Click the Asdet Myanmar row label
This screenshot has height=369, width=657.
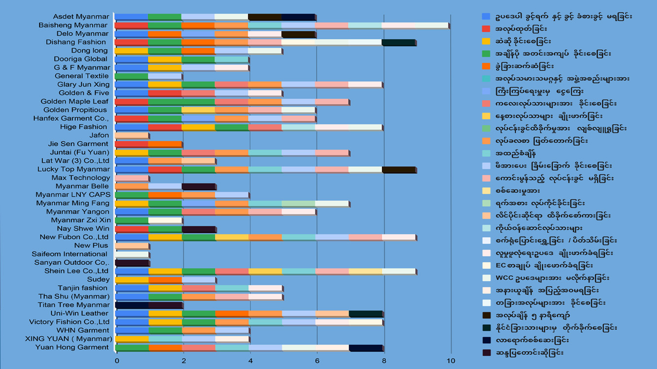[x=81, y=17]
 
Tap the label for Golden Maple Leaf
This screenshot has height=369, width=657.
[x=74, y=101]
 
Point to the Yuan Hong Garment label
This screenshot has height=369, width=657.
[x=72, y=347]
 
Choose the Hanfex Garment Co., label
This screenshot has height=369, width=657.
[x=71, y=119]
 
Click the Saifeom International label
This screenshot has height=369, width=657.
[x=69, y=254]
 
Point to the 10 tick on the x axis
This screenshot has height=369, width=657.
[x=450, y=361]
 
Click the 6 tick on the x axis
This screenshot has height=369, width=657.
[x=317, y=361]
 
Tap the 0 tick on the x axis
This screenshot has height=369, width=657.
[x=117, y=361]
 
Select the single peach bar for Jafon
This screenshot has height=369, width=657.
[x=132, y=135]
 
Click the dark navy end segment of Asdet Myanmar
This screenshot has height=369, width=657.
[x=298, y=17]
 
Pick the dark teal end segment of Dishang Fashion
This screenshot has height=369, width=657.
[x=398, y=42]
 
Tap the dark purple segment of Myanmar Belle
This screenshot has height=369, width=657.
[x=198, y=186]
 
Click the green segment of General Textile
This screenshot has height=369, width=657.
[x=132, y=76]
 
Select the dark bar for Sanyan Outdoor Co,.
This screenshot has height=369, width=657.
[x=132, y=263]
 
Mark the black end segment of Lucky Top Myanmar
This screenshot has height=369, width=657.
[x=398, y=169]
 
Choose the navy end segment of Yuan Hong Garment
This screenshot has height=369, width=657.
[x=365, y=347]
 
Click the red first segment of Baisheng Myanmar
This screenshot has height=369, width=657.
[x=132, y=25]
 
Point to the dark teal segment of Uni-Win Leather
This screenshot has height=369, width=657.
[x=365, y=313]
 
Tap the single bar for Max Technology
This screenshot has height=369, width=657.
[x=132, y=178]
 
